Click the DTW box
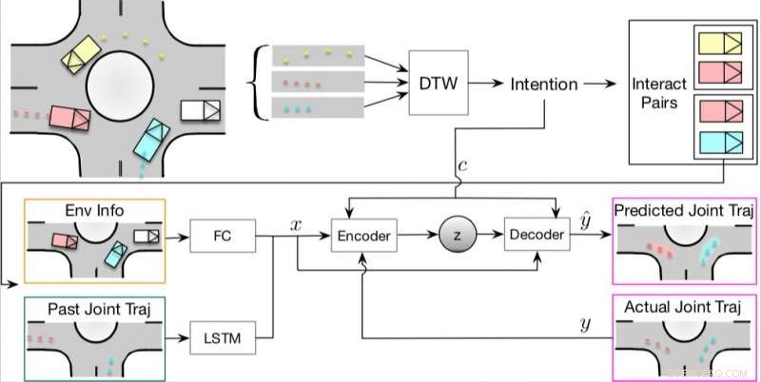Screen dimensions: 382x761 [438, 84]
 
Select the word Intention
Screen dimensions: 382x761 [543, 84]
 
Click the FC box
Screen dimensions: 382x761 [224, 233]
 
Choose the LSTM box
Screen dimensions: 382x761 [224, 337]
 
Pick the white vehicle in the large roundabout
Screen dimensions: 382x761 [201, 110]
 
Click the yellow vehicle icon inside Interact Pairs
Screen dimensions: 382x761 [719, 43]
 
